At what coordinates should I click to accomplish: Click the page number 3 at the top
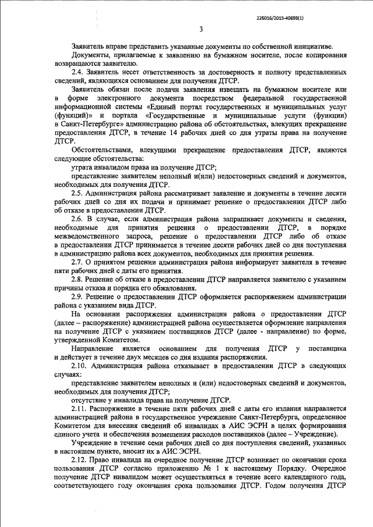pyautogui.click(x=201, y=30)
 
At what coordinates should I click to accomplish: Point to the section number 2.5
pyautogui.click(x=78, y=192)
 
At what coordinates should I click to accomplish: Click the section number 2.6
pyautogui.click(x=78, y=218)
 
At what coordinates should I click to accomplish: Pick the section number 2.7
pyautogui.click(x=78, y=263)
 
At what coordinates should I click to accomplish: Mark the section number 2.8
pyautogui.click(x=78, y=280)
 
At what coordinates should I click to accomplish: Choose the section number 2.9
pyautogui.click(x=78, y=298)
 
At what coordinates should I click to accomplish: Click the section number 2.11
pyautogui.click(x=79, y=409)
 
